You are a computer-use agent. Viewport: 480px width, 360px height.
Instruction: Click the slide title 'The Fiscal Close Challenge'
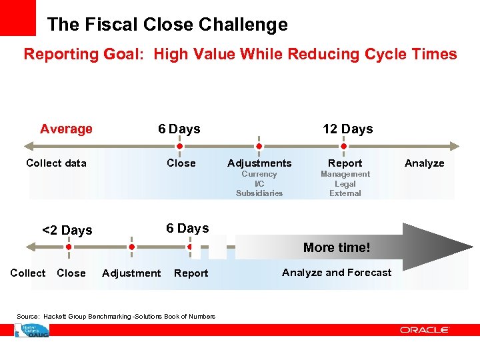167,25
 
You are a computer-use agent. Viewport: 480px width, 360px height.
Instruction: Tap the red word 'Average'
66,129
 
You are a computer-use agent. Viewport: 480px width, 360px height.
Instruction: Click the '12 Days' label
347,129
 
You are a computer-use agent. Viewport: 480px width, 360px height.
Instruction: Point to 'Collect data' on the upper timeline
56,163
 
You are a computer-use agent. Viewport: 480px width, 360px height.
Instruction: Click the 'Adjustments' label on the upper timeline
259,163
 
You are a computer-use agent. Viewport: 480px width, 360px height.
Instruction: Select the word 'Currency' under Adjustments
259,174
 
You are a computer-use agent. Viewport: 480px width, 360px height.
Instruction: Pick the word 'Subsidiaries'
259,193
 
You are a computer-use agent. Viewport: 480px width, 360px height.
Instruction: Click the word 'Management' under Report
345,174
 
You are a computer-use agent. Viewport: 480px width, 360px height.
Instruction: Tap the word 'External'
345,193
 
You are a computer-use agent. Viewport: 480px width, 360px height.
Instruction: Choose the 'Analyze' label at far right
424,163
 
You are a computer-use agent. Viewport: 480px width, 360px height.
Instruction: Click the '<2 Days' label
67,230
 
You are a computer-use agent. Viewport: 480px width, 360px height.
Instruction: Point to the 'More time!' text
337,247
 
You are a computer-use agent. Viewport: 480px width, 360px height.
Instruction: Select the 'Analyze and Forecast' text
337,272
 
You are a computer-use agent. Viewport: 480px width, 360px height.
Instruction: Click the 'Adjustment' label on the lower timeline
131,273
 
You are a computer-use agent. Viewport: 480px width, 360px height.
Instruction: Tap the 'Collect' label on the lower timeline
28,273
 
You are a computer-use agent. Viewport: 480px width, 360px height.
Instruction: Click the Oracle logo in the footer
425,329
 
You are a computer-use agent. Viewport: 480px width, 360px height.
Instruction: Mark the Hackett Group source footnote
116,316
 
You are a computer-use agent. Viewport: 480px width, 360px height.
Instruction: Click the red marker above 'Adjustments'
259,146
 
